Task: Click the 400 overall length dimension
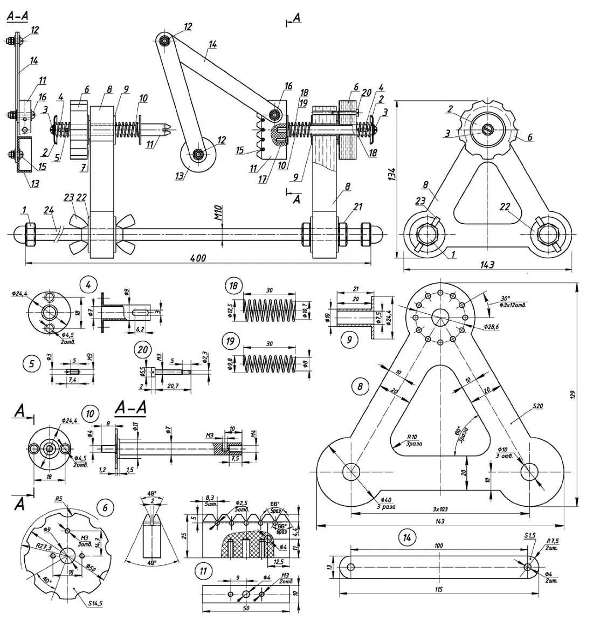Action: click(x=198, y=258)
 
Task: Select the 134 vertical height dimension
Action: click(x=392, y=174)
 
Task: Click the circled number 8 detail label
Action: click(x=360, y=386)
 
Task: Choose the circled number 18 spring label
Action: click(x=233, y=286)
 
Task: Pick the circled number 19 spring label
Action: click(x=232, y=341)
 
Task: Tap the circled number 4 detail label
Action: click(x=87, y=284)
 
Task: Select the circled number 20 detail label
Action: click(x=142, y=349)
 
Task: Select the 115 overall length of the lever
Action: click(x=438, y=589)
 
